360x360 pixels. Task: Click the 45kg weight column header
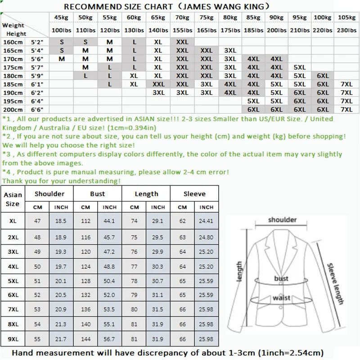(x=60, y=18)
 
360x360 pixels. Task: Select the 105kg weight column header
(x=347, y=18)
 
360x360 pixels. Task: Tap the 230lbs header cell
(x=347, y=30)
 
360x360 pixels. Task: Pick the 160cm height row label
(x=12, y=42)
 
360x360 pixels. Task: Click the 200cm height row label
(x=12, y=109)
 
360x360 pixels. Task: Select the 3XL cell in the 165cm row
(x=230, y=50)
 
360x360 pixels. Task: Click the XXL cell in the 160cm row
(x=182, y=42)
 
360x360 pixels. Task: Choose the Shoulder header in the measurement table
(x=50, y=194)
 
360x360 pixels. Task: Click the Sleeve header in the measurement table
(x=194, y=194)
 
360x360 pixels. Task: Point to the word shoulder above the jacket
(x=282, y=220)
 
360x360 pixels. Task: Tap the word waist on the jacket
(x=281, y=298)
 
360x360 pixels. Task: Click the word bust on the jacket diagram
(x=281, y=279)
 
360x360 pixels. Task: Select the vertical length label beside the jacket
(x=239, y=272)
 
